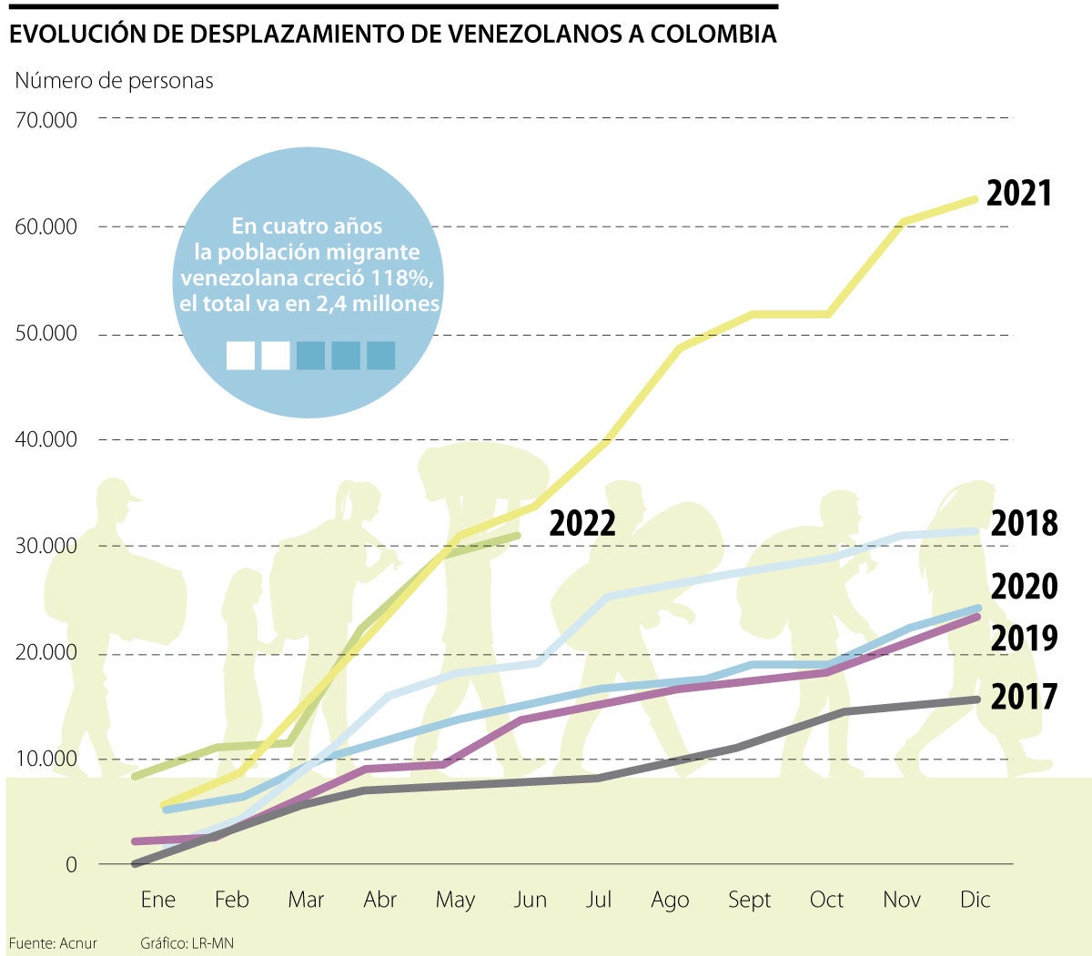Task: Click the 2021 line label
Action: pos(1018,194)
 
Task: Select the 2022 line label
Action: pos(582,524)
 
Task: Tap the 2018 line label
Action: pos(1024,524)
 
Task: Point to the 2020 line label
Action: pos(1024,587)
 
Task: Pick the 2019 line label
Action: pos(1024,639)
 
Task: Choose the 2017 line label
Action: pos(1024,698)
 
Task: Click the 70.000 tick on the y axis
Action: pos(45,119)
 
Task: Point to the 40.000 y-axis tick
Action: pos(45,439)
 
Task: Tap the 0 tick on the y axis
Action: pos(71,865)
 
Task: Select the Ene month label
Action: pos(157,900)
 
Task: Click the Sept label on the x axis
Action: pos(749,900)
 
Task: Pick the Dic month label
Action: pos(975,900)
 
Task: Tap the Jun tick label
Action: pos(530,900)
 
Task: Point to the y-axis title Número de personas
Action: pos(114,81)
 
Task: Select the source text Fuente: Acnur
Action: pos(53,943)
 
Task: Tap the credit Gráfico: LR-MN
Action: pos(187,943)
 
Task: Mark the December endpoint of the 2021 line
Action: pos(975,199)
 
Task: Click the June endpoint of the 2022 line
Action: pos(519,536)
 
